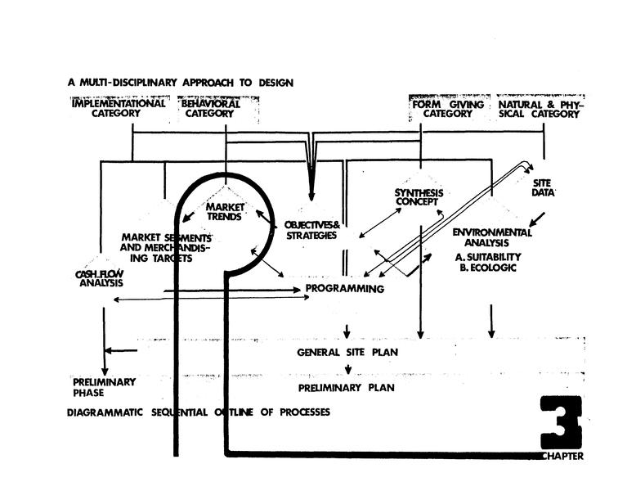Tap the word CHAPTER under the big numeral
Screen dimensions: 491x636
click(x=562, y=457)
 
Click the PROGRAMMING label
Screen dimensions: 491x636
click(x=344, y=289)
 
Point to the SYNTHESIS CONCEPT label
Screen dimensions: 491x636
click(x=418, y=197)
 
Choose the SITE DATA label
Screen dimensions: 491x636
click(x=544, y=188)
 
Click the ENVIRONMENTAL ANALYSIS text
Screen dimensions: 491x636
click(x=492, y=237)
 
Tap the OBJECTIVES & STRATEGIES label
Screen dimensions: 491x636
click(x=311, y=230)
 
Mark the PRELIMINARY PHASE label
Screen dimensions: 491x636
click(x=104, y=387)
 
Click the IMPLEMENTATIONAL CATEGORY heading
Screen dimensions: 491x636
click(x=119, y=109)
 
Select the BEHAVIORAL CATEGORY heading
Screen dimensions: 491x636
click(x=211, y=109)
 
